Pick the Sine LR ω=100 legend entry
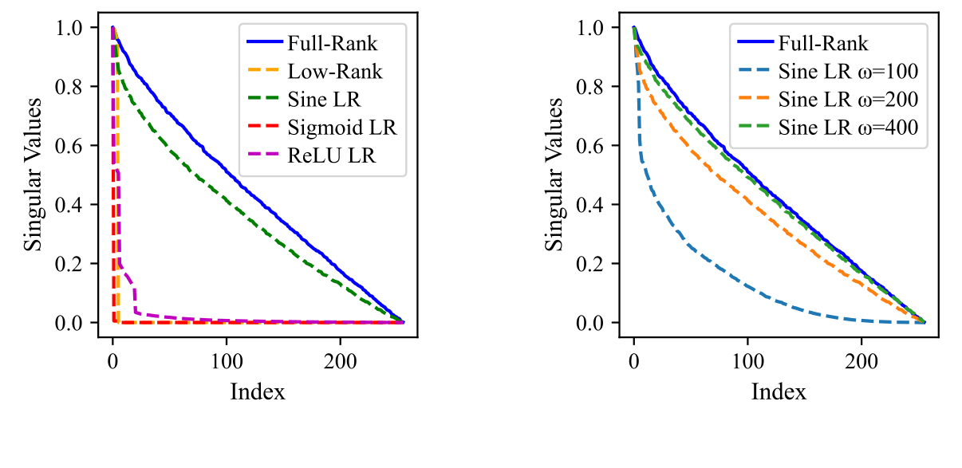pos(848,72)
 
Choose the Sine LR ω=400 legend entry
pos(848,128)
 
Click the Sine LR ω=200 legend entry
pos(848,100)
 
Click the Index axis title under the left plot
pos(257,391)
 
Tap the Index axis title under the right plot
pos(779,391)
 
